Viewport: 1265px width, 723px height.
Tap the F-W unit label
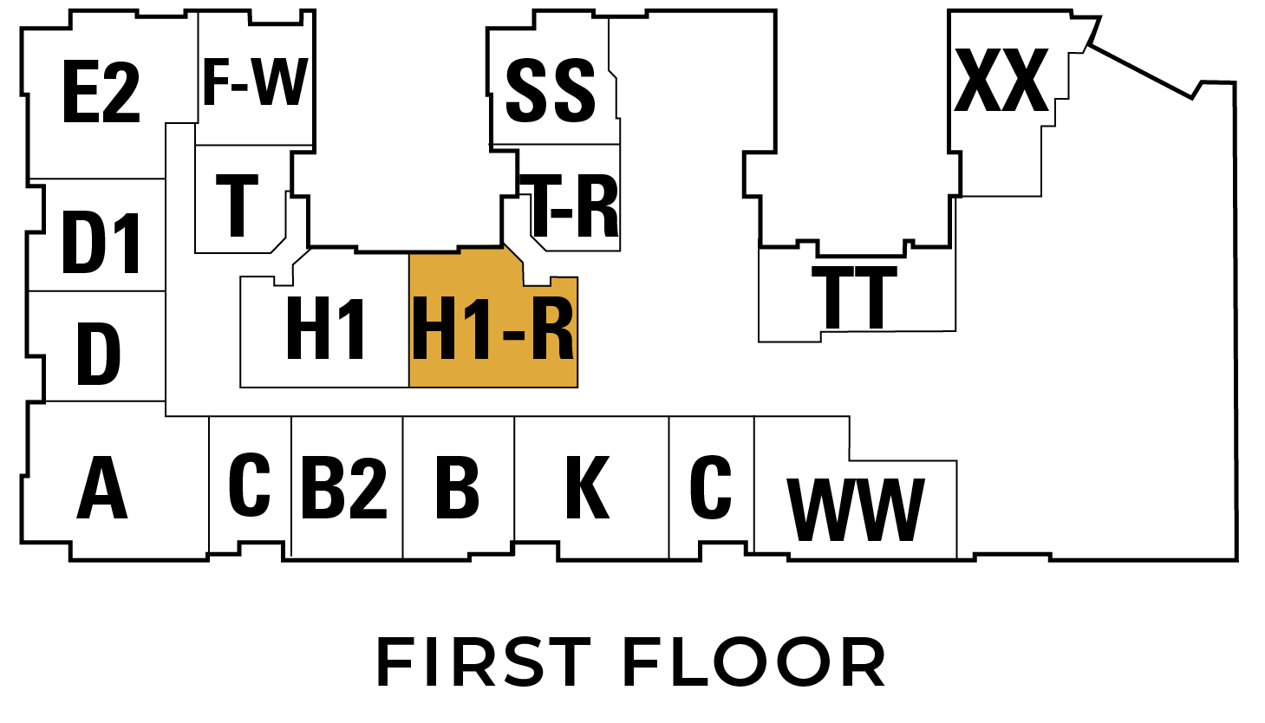click(x=255, y=81)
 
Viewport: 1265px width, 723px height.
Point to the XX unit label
click(x=1001, y=81)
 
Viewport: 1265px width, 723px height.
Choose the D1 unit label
click(x=101, y=243)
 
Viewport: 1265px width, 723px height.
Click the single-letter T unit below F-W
click(x=238, y=205)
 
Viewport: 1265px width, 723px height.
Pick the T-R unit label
click(x=575, y=205)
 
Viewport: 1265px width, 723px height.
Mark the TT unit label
click(x=854, y=297)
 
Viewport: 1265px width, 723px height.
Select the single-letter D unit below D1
click(x=98, y=355)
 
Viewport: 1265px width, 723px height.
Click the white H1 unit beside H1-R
click(x=325, y=329)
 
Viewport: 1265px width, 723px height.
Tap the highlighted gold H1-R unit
click(x=493, y=329)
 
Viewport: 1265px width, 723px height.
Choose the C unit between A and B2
click(x=249, y=484)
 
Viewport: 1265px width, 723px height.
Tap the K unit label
click(x=588, y=487)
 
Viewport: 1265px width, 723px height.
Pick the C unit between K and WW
click(x=710, y=486)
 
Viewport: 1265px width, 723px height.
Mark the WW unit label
click(x=856, y=510)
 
